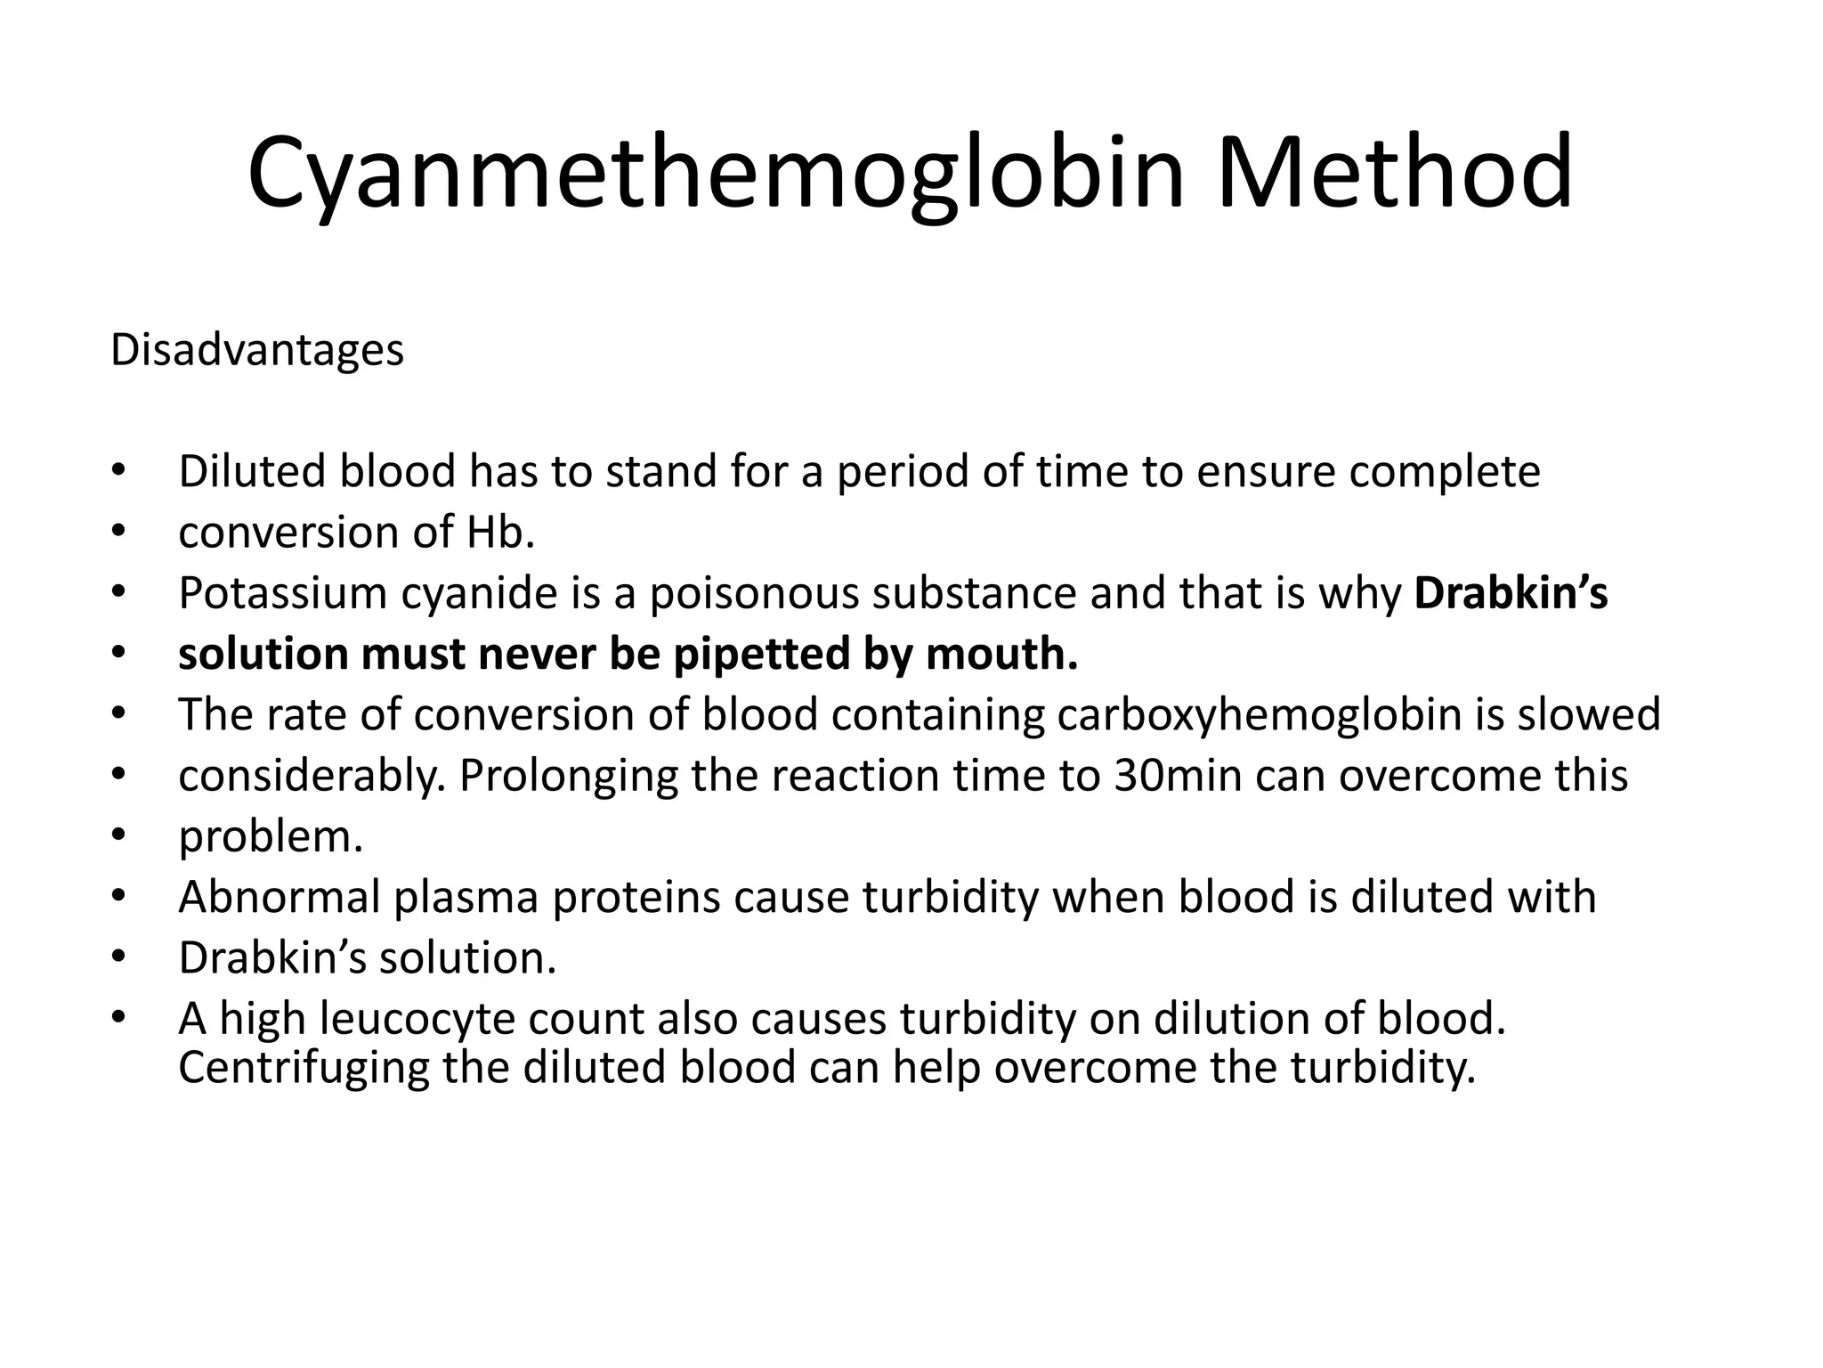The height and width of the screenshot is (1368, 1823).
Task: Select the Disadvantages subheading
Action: tap(257, 350)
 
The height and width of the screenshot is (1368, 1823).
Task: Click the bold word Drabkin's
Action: tap(1511, 594)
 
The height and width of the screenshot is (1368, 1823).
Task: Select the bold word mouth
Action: tap(1001, 655)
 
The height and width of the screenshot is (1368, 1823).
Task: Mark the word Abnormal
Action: tap(280, 897)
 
